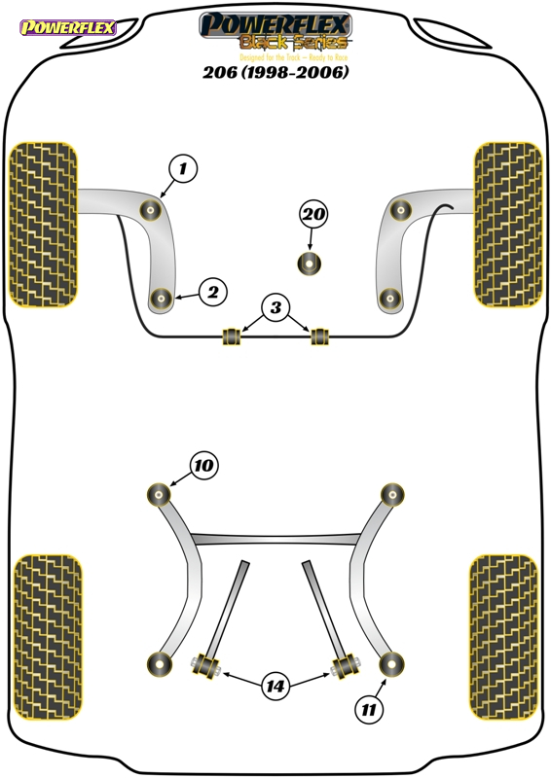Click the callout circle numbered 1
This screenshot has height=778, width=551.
point(183,168)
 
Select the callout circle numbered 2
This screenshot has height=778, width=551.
point(212,292)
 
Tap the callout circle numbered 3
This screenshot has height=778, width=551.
point(275,307)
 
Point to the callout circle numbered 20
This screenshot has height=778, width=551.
point(313,214)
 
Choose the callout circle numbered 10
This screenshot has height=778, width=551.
point(203,466)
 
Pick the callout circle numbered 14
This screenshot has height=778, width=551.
point(275,687)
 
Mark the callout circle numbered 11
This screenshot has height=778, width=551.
point(369,710)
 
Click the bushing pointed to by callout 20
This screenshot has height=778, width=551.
point(309,264)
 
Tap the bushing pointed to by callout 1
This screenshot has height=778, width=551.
point(150,210)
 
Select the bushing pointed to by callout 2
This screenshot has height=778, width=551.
point(161,299)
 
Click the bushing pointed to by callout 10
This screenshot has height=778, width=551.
point(159,494)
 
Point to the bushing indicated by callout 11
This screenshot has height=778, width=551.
point(391,664)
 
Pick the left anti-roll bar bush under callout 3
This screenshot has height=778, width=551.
point(231,336)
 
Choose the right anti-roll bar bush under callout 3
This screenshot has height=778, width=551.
point(320,336)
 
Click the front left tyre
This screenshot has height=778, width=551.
point(44,225)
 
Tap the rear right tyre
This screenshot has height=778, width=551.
point(504,637)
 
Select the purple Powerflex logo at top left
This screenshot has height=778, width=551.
point(68,27)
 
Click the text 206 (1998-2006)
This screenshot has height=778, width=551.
point(275,72)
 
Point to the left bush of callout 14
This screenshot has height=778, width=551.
point(205,664)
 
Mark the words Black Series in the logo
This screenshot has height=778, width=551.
point(294,43)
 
